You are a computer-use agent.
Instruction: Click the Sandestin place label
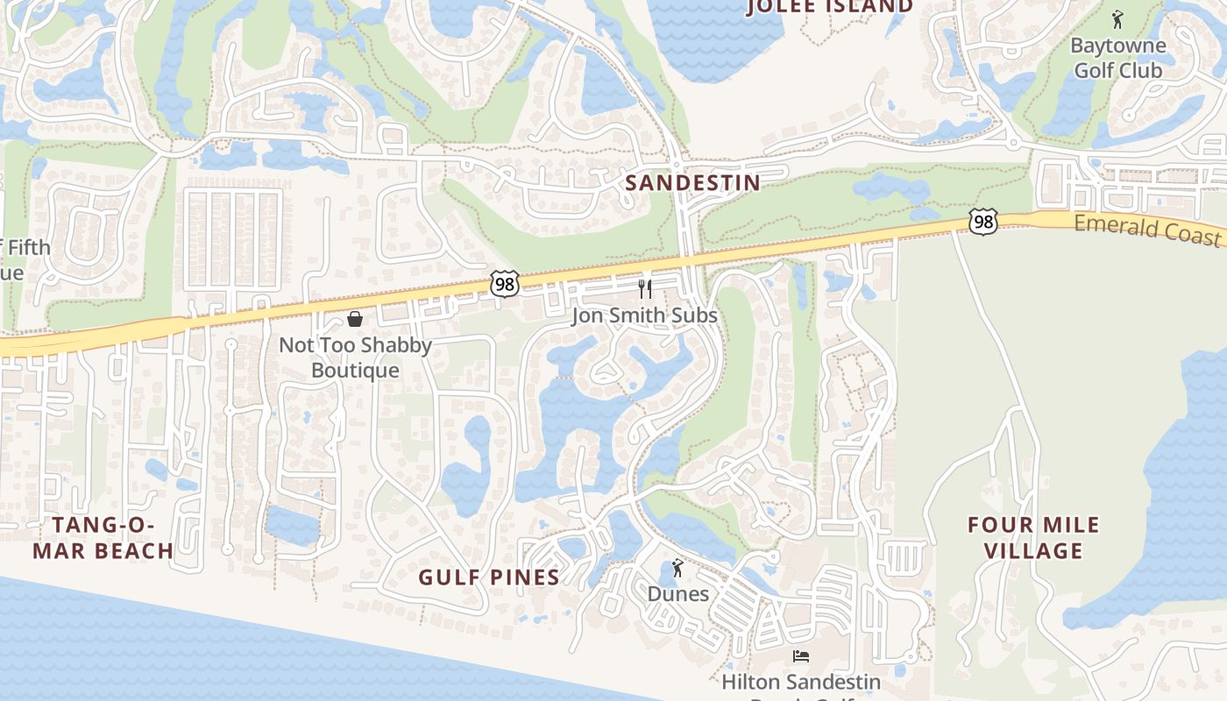click(x=692, y=182)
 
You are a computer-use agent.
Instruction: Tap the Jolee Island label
click(x=829, y=7)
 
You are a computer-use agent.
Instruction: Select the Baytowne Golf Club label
click(x=1118, y=58)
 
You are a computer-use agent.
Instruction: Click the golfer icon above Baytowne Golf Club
click(x=1117, y=18)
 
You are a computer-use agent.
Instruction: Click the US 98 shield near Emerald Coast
click(x=983, y=222)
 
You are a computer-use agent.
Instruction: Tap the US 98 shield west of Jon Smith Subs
click(x=505, y=283)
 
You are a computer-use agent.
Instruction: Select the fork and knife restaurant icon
click(x=645, y=288)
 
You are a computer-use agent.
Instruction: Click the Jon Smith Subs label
click(x=644, y=315)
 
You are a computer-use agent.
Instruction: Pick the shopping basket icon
click(x=355, y=319)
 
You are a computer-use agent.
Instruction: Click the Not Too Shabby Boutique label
click(x=355, y=358)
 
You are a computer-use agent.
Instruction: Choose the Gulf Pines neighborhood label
click(x=488, y=577)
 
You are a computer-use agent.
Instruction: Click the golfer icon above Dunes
click(x=677, y=569)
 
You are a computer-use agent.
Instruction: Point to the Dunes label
click(x=677, y=594)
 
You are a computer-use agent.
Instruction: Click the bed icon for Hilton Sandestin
click(x=800, y=655)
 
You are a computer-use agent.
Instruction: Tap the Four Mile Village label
click(x=1033, y=538)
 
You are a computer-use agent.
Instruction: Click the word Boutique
click(x=355, y=371)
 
